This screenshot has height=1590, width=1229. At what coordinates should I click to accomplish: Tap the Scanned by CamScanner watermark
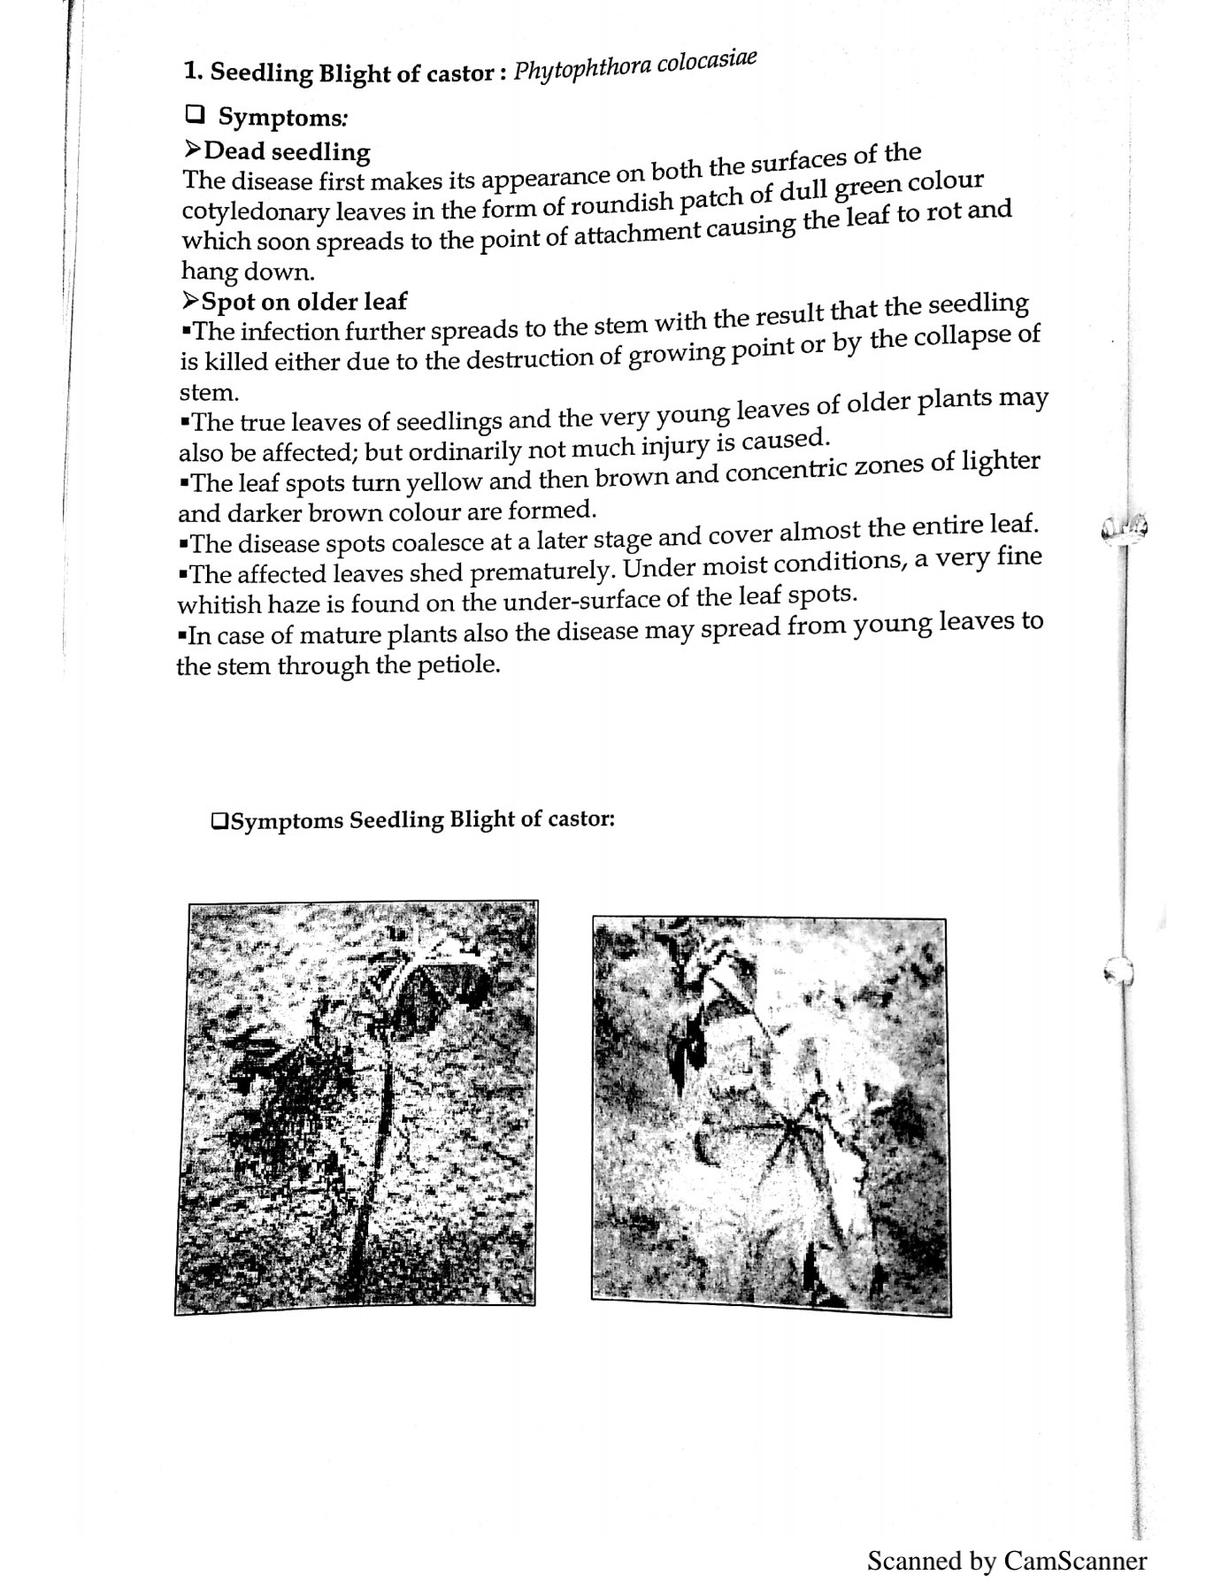tap(1006, 1560)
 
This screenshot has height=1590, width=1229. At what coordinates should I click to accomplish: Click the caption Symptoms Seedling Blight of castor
tap(412, 820)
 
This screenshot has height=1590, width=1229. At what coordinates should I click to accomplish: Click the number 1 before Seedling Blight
tap(188, 71)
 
